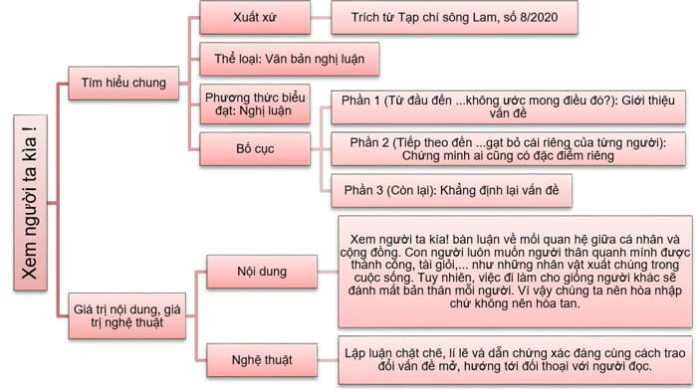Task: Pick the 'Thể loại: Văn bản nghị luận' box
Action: [290, 60]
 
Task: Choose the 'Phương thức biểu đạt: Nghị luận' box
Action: [255, 104]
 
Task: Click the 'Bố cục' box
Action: [255, 149]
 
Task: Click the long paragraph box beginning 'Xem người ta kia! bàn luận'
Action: [508, 271]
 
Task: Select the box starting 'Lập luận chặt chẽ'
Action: [508, 358]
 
